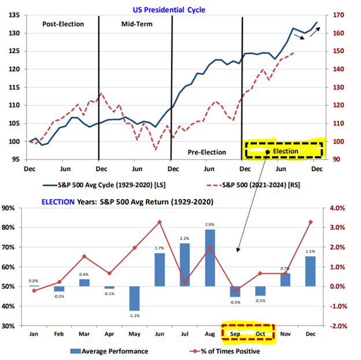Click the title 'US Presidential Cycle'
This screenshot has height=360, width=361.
pyautogui.click(x=169, y=10)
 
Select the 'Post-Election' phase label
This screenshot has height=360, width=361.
pyautogui.click(x=63, y=24)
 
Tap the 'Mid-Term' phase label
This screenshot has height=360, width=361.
pyautogui.click(x=137, y=24)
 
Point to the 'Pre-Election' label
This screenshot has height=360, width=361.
pyautogui.click(x=207, y=152)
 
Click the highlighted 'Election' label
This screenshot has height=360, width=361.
pyautogui.click(x=285, y=151)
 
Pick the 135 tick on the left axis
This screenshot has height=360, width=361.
pyautogui.click(x=14, y=15)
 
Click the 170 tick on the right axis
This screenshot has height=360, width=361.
pyautogui.click(x=338, y=15)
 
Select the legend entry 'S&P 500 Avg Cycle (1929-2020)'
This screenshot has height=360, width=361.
pyautogui.click(x=104, y=185)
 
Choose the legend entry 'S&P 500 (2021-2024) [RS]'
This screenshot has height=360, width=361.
pyautogui.click(x=253, y=185)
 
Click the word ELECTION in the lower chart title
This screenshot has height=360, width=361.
pyautogui.click(x=58, y=202)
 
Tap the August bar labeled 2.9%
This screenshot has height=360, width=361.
pyautogui.click(x=210, y=258)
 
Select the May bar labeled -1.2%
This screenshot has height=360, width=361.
pyautogui.click(x=134, y=299)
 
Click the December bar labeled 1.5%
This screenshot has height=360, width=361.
pyautogui.click(x=310, y=271)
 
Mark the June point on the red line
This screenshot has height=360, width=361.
pyautogui.click(x=160, y=222)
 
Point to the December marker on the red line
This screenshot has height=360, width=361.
pyautogui.click(x=311, y=222)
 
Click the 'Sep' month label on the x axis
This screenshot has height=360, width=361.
pyautogui.click(x=235, y=334)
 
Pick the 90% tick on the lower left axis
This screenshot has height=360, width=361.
pyautogui.click(x=8, y=208)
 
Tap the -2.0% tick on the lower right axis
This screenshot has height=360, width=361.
pyautogui.click(x=338, y=326)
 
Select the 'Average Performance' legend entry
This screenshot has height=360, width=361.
pyautogui.click(x=109, y=351)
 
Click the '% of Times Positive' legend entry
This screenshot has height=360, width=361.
pyautogui.click(x=224, y=351)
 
